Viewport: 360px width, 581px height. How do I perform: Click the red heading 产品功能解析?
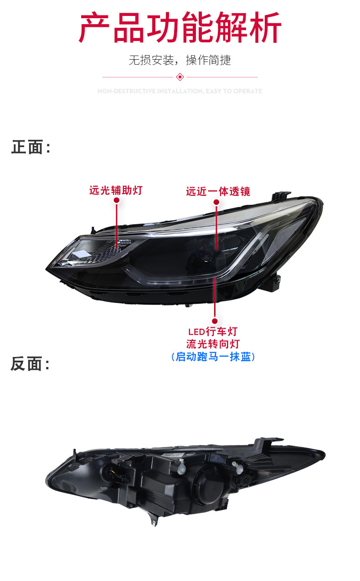180,28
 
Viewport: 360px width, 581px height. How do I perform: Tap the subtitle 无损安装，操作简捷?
180,60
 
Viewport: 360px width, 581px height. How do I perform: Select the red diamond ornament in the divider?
180,77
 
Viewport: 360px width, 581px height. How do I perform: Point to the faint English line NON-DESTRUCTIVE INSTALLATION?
180,91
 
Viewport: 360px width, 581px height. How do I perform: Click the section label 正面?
30,147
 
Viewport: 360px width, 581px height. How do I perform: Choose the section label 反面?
30,364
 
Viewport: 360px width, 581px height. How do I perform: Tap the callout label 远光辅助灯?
116,190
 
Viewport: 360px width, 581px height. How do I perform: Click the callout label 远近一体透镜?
218,191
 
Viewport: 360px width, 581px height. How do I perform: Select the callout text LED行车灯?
213,331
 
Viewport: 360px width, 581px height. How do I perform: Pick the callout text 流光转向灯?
213,344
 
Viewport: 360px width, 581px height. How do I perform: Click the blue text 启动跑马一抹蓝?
213,357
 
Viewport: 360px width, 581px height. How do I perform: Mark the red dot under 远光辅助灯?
116,200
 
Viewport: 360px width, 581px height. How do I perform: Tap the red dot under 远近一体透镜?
216,201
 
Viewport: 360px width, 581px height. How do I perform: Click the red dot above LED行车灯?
214,321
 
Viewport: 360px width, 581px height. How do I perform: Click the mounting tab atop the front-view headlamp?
281,196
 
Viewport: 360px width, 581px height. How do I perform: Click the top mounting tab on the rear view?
269,443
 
